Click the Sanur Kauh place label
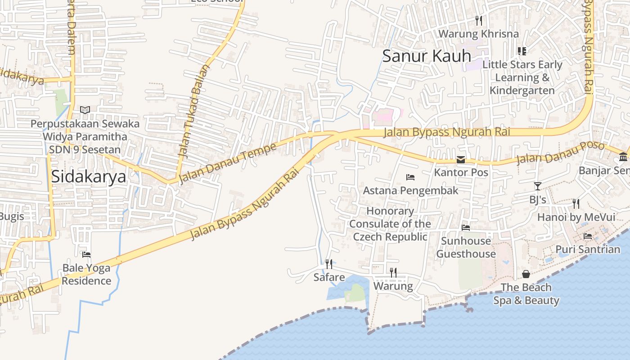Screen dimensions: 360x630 [x=426, y=56]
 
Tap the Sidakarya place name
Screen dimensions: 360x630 [x=88, y=176]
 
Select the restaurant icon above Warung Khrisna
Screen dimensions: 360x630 [x=479, y=20]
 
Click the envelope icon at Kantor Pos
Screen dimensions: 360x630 [x=461, y=160]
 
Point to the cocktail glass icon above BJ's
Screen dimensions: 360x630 [x=537, y=186]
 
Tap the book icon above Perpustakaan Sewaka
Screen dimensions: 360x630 [x=85, y=110]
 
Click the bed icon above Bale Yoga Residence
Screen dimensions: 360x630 [x=86, y=255]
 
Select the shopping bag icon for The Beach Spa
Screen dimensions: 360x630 [x=526, y=274]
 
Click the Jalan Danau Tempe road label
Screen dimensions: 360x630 [x=227, y=164]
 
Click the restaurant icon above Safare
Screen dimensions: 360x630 [x=329, y=264]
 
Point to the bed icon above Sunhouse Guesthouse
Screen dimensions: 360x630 [x=466, y=228]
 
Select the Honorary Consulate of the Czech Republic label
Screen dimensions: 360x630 [x=390, y=224]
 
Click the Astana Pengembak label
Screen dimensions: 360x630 [x=410, y=190]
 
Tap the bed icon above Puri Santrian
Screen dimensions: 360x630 [x=588, y=236]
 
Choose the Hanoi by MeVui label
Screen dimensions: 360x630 [x=576, y=217]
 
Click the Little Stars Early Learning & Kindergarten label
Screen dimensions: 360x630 [x=522, y=77]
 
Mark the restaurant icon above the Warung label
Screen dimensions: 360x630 [x=393, y=272]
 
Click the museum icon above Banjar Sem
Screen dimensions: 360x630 [x=623, y=157]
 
